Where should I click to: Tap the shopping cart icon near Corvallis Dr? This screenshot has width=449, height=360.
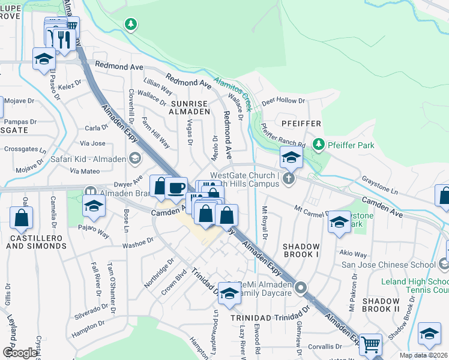pos(370,344)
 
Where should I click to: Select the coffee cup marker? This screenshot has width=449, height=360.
pos(176,187)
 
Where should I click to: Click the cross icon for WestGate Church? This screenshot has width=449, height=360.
pos(289,179)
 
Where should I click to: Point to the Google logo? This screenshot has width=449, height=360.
pos(19,353)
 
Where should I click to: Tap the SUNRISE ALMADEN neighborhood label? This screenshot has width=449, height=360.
pos(190,107)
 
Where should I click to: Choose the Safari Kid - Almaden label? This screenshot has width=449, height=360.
pos(88,159)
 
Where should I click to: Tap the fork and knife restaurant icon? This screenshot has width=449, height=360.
pos(62,39)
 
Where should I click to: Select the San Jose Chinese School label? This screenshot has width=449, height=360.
pos(388,265)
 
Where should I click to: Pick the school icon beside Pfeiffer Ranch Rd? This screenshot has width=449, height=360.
pos(291,157)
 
